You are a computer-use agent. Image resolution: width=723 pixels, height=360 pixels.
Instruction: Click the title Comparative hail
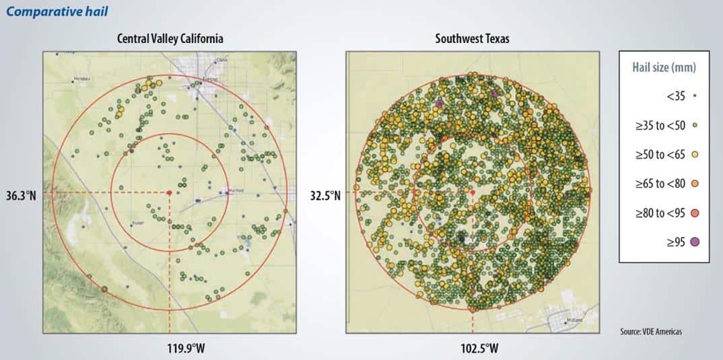click(55, 11)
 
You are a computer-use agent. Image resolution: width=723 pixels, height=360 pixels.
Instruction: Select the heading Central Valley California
click(170, 39)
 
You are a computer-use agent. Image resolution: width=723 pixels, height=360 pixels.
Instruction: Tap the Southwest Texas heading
click(472, 39)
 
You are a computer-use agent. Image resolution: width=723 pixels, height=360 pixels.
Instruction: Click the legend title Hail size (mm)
click(664, 67)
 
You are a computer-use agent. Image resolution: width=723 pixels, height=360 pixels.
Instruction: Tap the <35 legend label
click(676, 96)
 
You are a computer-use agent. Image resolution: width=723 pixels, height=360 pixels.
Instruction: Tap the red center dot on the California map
click(170, 192)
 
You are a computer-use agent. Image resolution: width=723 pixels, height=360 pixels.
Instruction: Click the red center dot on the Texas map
click(473, 192)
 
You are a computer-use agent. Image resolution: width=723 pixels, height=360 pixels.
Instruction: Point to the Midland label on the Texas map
click(574, 320)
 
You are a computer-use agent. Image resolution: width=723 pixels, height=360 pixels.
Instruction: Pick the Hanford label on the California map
click(236, 191)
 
